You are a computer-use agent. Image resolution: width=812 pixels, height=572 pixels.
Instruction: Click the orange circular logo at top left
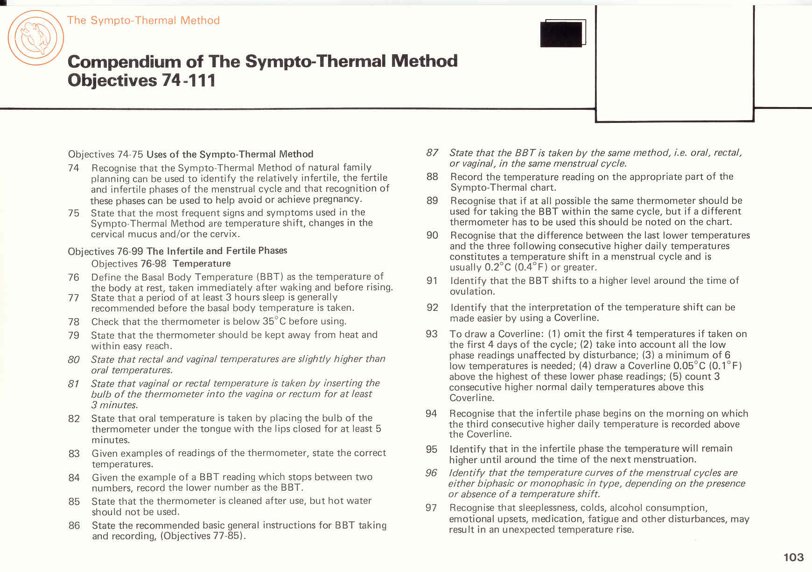click(35, 38)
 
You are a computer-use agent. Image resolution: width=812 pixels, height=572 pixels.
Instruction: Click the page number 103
click(793, 557)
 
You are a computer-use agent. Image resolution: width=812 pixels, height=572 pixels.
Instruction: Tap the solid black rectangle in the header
click(561, 34)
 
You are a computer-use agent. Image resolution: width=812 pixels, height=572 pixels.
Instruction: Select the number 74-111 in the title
click(189, 80)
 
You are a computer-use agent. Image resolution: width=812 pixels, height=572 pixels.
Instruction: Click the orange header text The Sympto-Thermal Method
click(143, 20)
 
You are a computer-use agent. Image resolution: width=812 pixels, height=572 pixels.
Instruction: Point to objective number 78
click(74, 322)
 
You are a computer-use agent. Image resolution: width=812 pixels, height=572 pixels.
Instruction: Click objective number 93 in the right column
click(432, 334)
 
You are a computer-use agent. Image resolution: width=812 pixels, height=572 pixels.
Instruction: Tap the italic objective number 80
click(74, 359)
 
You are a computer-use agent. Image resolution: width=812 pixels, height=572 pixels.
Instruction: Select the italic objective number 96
click(431, 472)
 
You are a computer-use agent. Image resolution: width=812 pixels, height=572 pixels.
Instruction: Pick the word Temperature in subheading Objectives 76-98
click(202, 264)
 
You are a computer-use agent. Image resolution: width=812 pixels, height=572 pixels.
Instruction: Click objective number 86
click(74, 525)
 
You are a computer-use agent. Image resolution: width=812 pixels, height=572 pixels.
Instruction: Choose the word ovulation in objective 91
click(471, 291)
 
